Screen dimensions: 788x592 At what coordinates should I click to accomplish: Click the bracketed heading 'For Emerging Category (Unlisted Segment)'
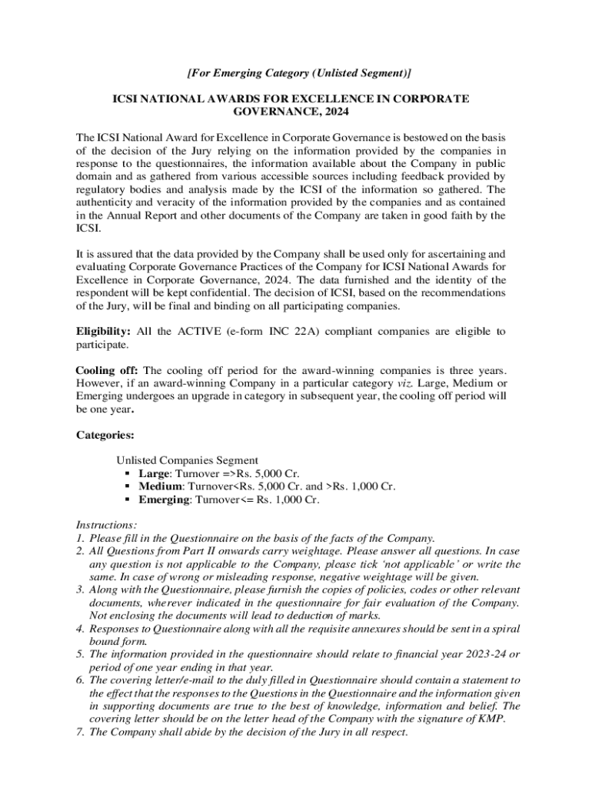(x=299, y=73)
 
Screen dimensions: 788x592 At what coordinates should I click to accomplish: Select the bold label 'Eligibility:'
(x=103, y=332)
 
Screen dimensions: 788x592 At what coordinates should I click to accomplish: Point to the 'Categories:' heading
(x=105, y=435)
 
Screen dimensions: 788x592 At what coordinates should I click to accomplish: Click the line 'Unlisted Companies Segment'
(x=186, y=460)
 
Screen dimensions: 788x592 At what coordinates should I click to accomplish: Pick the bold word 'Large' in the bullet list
(x=154, y=473)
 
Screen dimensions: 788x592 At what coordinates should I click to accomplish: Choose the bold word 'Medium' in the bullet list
(x=161, y=486)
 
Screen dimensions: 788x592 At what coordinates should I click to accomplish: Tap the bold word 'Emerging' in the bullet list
(x=165, y=499)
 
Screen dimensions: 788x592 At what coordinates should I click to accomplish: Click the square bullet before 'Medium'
(x=128, y=486)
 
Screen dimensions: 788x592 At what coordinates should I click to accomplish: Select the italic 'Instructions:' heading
(x=106, y=525)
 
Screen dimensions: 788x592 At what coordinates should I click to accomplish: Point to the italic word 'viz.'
(x=405, y=384)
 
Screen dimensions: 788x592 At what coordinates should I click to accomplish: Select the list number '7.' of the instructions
(x=80, y=732)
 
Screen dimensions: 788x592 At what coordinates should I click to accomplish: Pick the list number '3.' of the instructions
(x=80, y=589)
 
